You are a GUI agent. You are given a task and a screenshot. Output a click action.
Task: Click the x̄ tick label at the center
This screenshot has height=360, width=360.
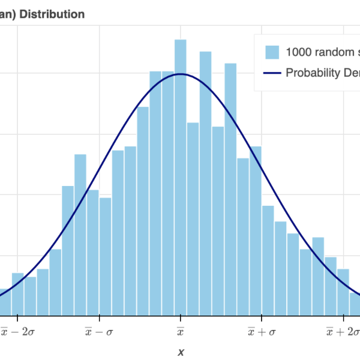(x=181, y=331)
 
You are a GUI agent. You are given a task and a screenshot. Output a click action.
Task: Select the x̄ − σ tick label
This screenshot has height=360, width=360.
(x=99, y=331)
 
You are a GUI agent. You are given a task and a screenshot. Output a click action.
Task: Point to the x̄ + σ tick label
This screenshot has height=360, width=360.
(x=262, y=331)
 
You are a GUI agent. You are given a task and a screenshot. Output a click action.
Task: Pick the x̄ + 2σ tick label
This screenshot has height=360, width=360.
(x=342, y=331)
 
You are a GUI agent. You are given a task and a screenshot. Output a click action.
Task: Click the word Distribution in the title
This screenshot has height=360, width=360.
(x=52, y=14)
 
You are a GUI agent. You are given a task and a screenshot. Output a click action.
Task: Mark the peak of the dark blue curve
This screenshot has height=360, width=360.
(x=181, y=74)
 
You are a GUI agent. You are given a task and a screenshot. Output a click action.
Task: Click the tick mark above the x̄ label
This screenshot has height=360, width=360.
(x=181, y=319)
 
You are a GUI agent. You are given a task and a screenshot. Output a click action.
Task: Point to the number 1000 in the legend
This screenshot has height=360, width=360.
(x=299, y=52)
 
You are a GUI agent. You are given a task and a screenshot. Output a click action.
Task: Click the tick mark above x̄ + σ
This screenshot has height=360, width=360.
(x=262, y=319)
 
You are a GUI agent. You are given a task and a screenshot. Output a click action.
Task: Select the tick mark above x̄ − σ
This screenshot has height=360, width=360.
(x=99, y=319)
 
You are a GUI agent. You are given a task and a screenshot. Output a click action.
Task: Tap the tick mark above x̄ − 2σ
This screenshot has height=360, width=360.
(x=17, y=319)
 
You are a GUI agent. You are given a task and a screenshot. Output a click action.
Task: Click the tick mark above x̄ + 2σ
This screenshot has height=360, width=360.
(x=343, y=319)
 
